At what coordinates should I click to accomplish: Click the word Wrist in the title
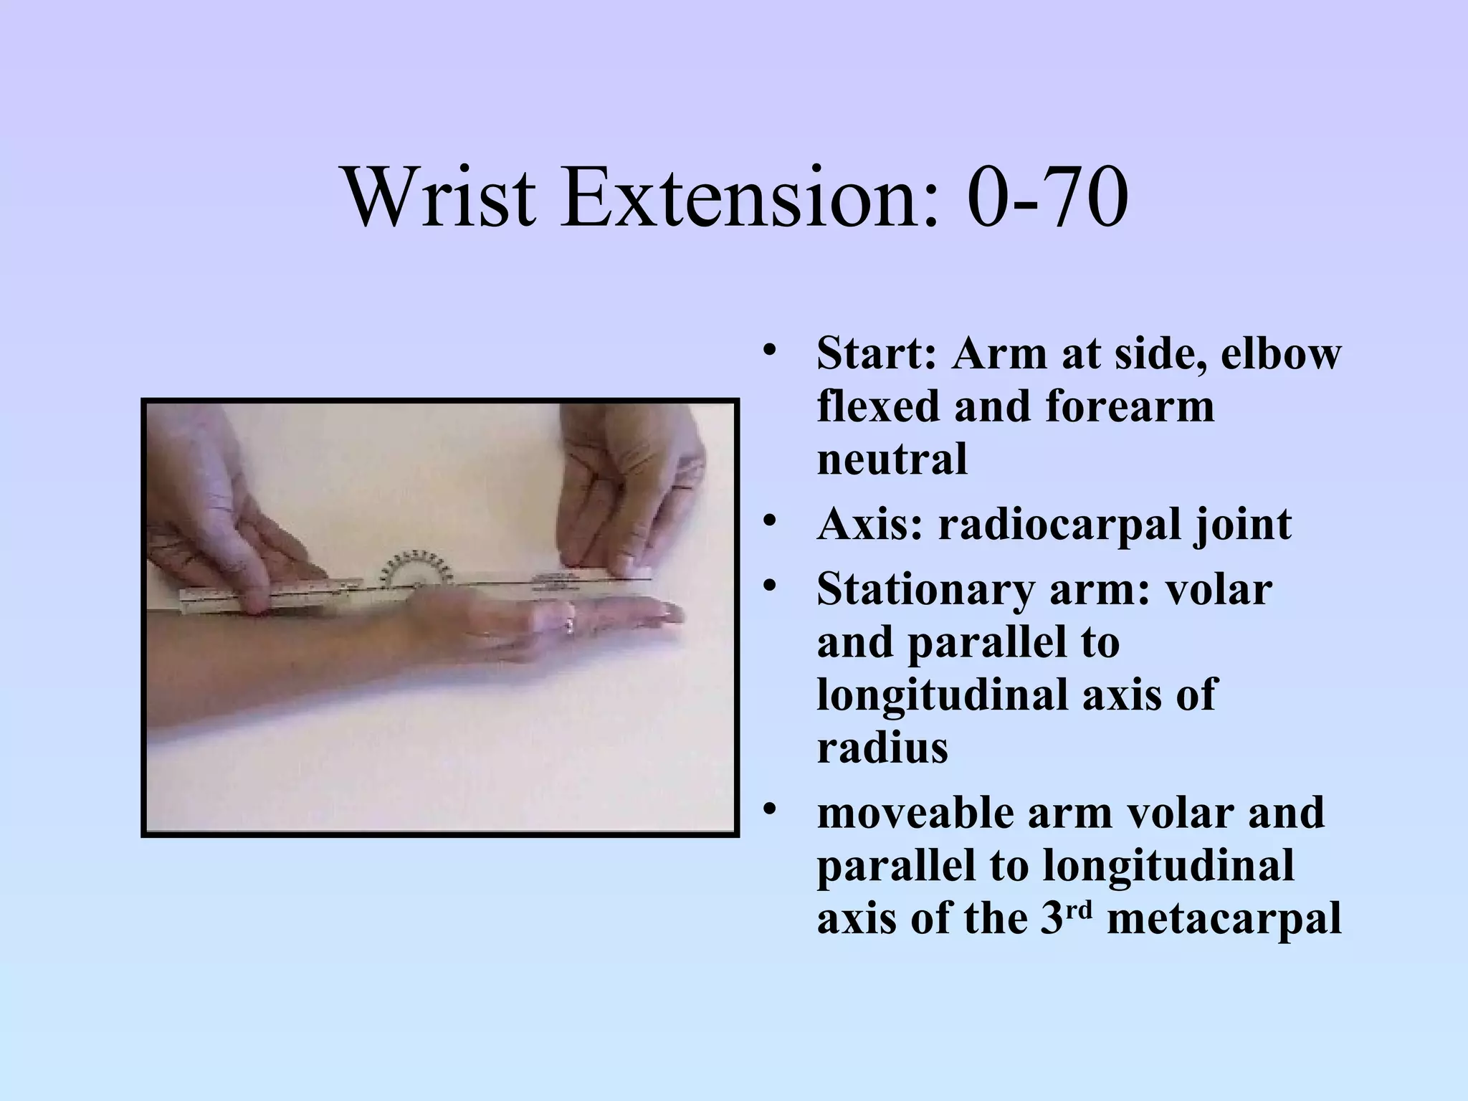coord(440,197)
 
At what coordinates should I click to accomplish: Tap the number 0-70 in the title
coord(1047,197)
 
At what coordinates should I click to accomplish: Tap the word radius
coord(882,748)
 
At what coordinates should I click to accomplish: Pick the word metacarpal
coord(1224,919)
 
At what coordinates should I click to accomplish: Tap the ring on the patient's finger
coord(569,626)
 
